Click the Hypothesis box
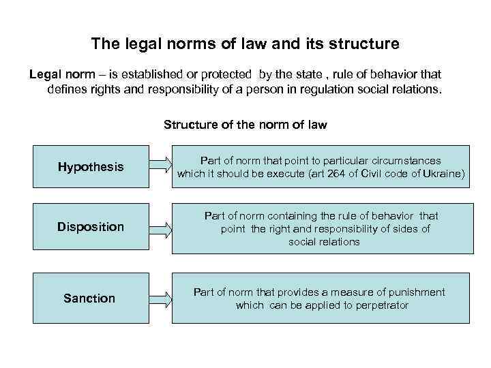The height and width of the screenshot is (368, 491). pyautogui.click(x=90, y=166)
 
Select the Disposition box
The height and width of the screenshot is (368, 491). pyautogui.click(x=90, y=226)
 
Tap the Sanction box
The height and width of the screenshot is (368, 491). pyautogui.click(x=89, y=298)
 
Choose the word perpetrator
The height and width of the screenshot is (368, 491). pyautogui.click(x=376, y=305)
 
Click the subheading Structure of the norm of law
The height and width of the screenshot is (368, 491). pyautogui.click(x=245, y=125)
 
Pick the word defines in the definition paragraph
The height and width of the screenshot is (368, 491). pyautogui.click(x=66, y=89)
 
